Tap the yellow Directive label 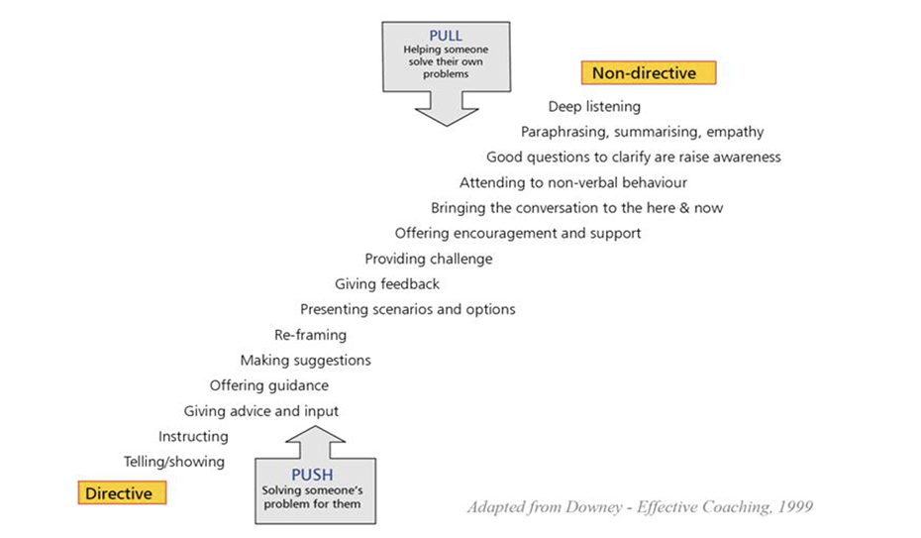point(122,493)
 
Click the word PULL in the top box point(446,36)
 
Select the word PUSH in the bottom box point(315,474)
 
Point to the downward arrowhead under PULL point(447,113)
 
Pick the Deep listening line point(594,106)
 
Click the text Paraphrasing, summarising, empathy point(642,132)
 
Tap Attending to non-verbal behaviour point(572,182)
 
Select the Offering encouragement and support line point(517,233)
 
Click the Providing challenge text point(428,259)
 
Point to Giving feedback point(386,284)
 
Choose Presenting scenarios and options point(407,309)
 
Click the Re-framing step point(310,335)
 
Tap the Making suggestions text point(305,361)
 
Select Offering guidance point(268,385)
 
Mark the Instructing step point(193,436)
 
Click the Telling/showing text point(174,462)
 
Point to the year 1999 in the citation point(793,507)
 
